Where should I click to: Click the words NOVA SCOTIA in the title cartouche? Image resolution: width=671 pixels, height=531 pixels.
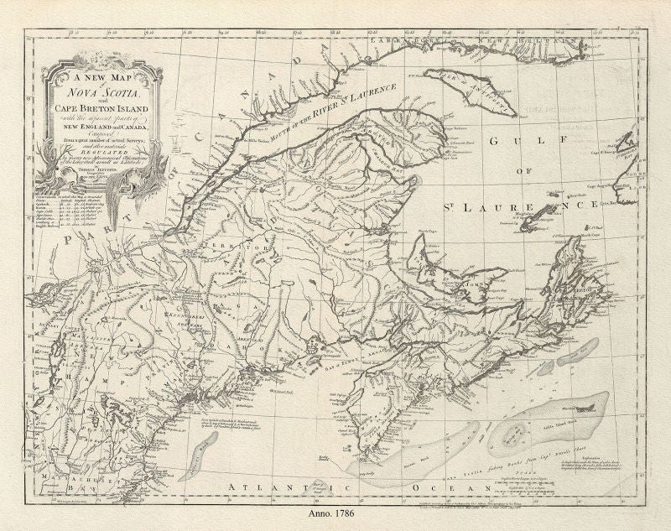tap(100, 93)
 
